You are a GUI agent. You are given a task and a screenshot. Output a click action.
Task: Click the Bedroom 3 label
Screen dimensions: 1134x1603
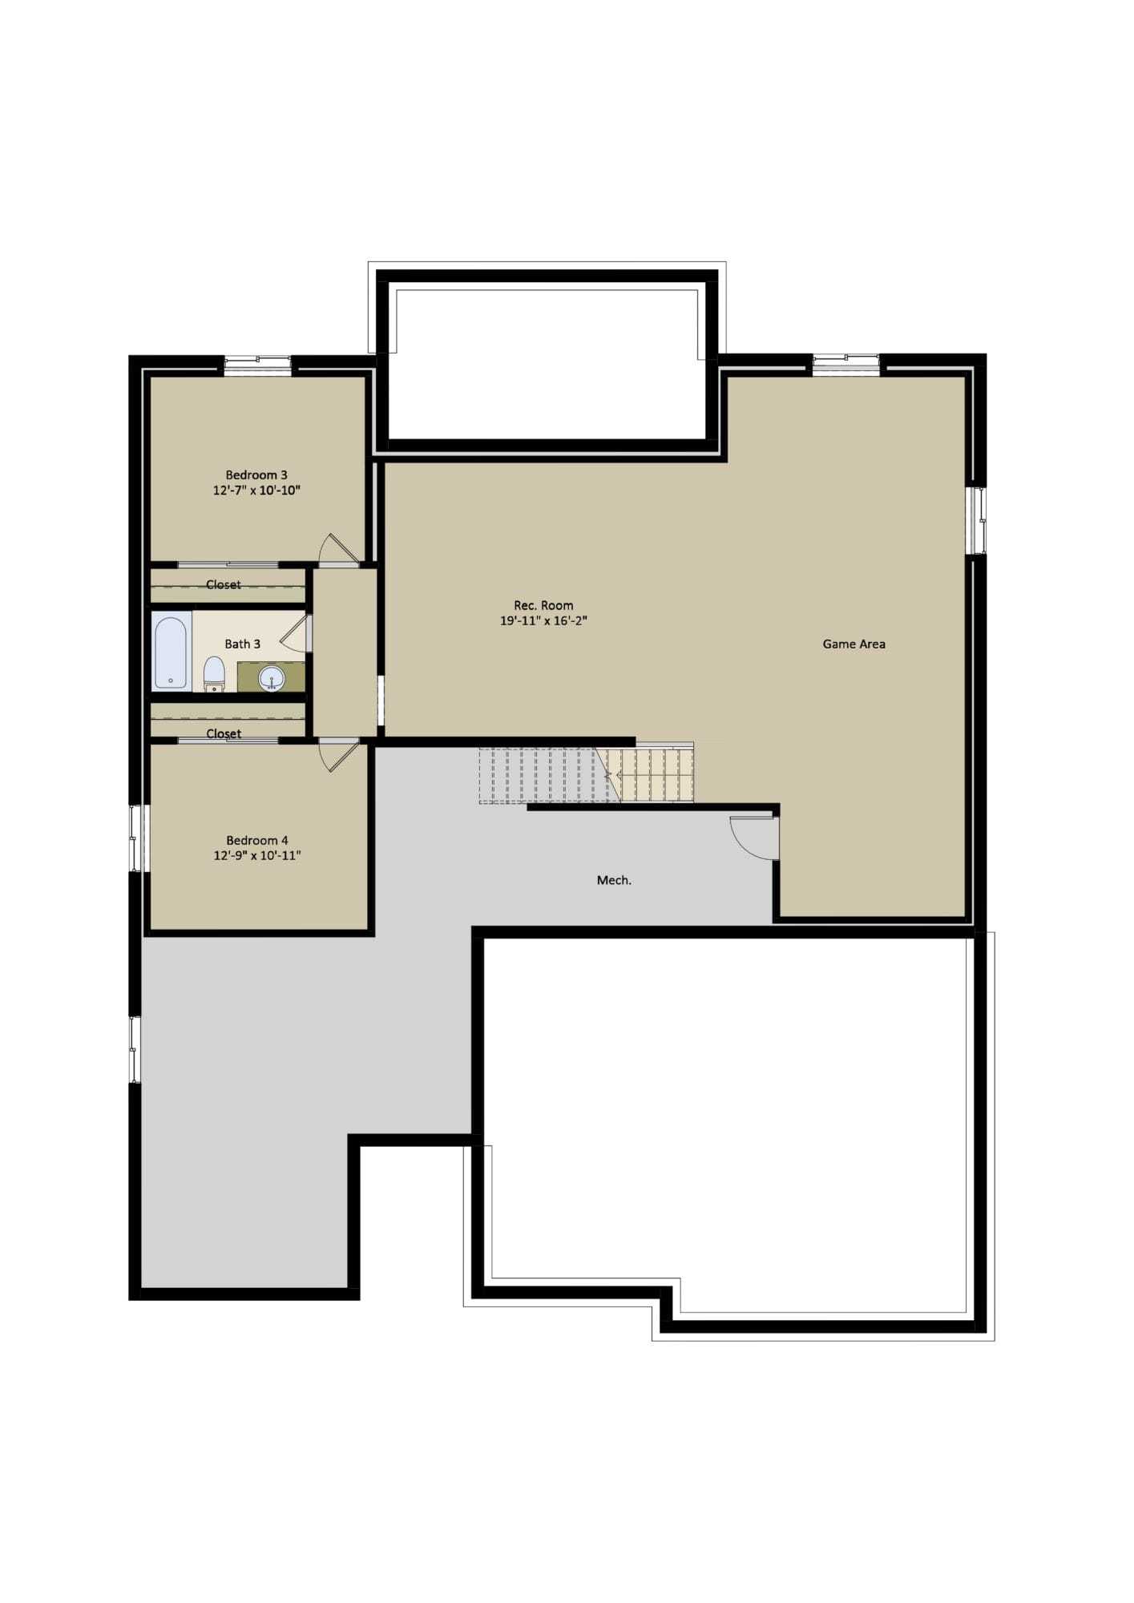coord(256,475)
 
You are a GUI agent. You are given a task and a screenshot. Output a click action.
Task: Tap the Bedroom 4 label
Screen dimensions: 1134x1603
coord(257,841)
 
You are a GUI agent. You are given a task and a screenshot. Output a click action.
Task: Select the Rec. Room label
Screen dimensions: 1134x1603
coord(543,606)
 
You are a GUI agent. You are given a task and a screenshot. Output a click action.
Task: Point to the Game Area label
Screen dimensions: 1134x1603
coord(854,644)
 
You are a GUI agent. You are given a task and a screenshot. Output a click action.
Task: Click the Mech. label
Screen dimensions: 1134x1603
coord(615,881)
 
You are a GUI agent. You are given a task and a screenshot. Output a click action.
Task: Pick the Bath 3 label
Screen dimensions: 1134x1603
coord(242,644)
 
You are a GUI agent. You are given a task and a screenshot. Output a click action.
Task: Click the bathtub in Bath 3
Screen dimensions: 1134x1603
coord(171,652)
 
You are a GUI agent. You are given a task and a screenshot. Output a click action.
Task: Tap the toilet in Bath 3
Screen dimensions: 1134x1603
coord(214,674)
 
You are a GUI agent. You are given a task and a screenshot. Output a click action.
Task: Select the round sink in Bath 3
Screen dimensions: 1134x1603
coord(272,679)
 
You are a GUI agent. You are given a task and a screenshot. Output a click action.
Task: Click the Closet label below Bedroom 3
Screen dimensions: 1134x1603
coord(224,585)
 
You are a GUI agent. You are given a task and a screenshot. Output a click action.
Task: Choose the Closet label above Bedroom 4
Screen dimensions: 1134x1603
coord(224,734)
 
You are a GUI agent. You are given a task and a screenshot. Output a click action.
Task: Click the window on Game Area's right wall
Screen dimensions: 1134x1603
coord(976,520)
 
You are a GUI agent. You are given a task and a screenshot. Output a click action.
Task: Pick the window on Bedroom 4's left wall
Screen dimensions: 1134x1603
coord(135,838)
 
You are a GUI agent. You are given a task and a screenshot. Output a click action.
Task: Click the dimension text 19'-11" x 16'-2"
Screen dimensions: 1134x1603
coord(544,621)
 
